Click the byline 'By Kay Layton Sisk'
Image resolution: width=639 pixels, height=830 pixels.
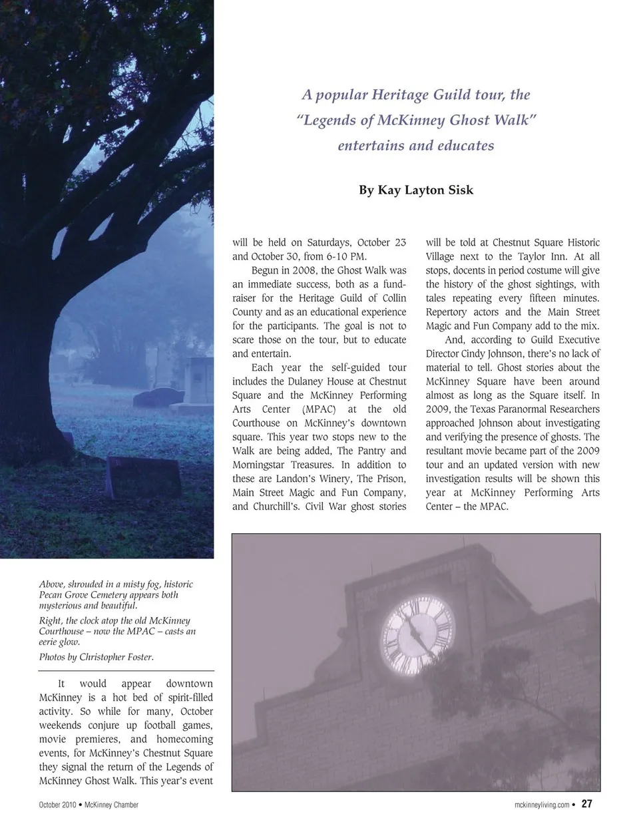[x=416, y=190]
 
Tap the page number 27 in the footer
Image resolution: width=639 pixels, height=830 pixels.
[x=586, y=804]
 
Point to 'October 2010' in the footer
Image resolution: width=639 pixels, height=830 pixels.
[x=57, y=805]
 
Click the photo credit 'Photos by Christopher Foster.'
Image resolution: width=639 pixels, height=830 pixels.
[x=97, y=657]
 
